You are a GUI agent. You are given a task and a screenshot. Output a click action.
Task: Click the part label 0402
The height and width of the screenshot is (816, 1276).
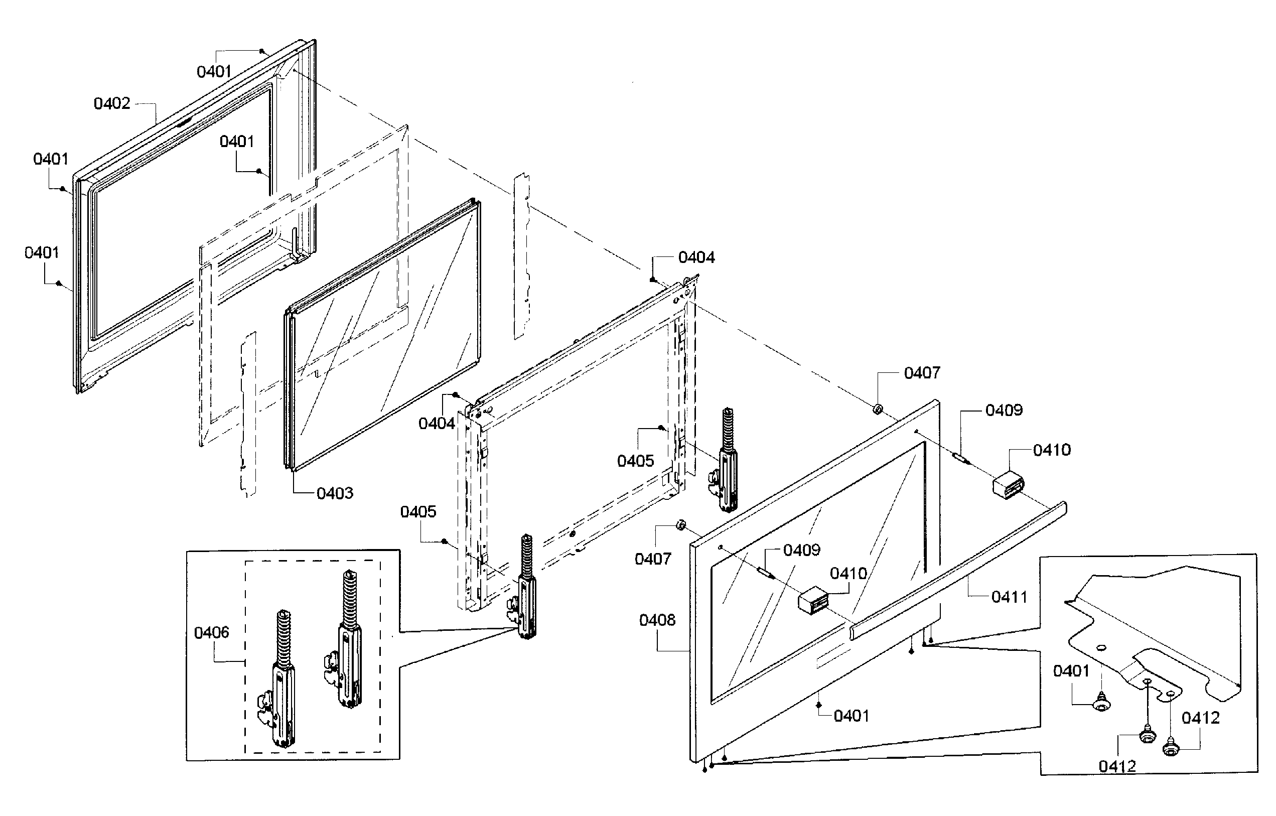[x=112, y=103]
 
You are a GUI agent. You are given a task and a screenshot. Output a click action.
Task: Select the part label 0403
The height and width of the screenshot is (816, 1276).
[x=334, y=493]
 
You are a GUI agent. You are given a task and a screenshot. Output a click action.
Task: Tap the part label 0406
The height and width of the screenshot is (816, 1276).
[x=211, y=632]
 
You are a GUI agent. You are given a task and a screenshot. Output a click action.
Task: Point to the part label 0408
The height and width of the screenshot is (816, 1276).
[x=657, y=619]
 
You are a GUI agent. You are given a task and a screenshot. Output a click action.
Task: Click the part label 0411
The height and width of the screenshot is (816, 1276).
[x=1009, y=597]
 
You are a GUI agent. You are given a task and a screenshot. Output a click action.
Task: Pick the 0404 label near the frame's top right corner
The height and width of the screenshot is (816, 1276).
[x=696, y=257]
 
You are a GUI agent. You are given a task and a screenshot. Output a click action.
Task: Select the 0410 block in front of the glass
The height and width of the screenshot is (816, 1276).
[x=814, y=600]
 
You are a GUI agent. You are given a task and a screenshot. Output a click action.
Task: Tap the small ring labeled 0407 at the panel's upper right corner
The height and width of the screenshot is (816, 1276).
[x=877, y=409]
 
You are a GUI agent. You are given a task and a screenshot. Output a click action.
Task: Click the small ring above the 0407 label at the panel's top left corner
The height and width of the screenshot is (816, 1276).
[x=680, y=525]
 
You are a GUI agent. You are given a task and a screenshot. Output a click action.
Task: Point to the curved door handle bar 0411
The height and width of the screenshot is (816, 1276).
[x=959, y=572]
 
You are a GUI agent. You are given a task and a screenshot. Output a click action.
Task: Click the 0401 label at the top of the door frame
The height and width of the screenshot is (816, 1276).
[x=214, y=72]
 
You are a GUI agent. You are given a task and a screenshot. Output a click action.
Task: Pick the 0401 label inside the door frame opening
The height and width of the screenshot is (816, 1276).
[x=237, y=142]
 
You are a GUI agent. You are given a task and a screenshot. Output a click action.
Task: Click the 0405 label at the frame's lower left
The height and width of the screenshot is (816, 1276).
[x=418, y=512]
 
